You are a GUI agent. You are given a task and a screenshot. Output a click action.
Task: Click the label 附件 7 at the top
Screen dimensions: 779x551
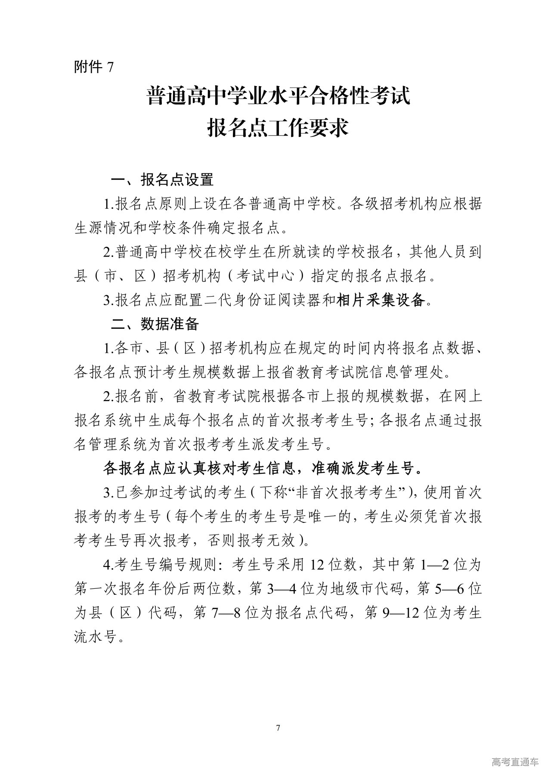[x=94, y=67]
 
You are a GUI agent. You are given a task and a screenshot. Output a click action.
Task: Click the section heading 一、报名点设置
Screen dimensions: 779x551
[x=162, y=179]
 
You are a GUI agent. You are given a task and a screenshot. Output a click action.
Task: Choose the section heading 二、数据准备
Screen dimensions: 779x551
[x=155, y=324]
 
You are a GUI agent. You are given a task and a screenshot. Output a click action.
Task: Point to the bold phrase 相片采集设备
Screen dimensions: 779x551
[x=382, y=300]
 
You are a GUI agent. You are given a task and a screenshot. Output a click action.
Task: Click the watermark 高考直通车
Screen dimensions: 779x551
[x=514, y=762]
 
